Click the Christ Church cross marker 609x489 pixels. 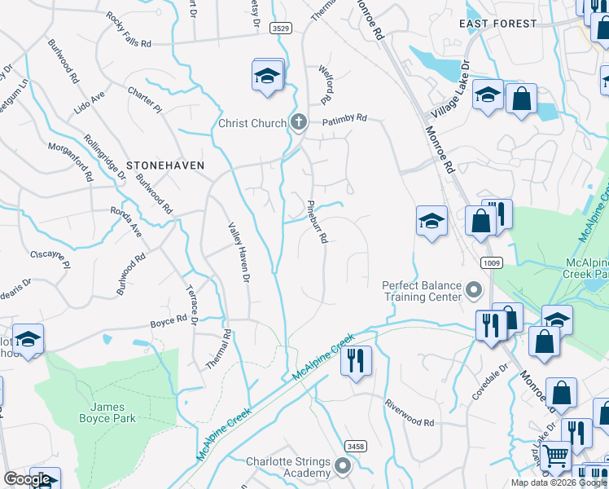pos(299,123)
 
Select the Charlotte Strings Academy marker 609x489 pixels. pos(343,468)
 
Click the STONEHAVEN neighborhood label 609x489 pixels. pos(164,165)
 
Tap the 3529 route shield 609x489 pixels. pos(282,29)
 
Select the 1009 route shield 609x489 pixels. pos(489,263)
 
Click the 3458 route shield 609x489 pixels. pos(355,446)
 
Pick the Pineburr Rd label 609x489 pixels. pos(317,222)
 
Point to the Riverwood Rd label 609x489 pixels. pos(410,413)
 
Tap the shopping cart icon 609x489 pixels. pos(556,456)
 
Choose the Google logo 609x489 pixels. pos(27,479)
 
